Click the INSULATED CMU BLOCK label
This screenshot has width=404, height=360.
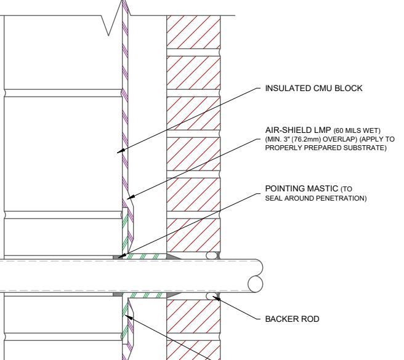tap(313, 89)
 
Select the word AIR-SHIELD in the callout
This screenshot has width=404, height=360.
tap(286, 130)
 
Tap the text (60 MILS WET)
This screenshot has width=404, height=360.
tap(357, 130)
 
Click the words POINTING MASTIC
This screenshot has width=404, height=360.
tap(301, 188)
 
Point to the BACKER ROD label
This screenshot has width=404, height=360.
tap(292, 319)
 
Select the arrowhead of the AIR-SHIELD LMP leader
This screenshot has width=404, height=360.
tap(131, 197)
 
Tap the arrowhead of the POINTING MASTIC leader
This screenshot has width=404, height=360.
tap(122, 256)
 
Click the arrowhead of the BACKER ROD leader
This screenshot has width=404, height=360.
tap(216, 298)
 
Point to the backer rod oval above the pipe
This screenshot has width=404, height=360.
tap(211, 255)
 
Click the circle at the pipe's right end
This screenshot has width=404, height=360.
tap(256, 284)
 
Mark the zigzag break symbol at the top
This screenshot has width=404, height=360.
tap(115, 18)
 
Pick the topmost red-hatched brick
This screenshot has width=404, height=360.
tap(193, 32)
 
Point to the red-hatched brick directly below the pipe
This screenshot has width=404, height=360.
tap(193, 316)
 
